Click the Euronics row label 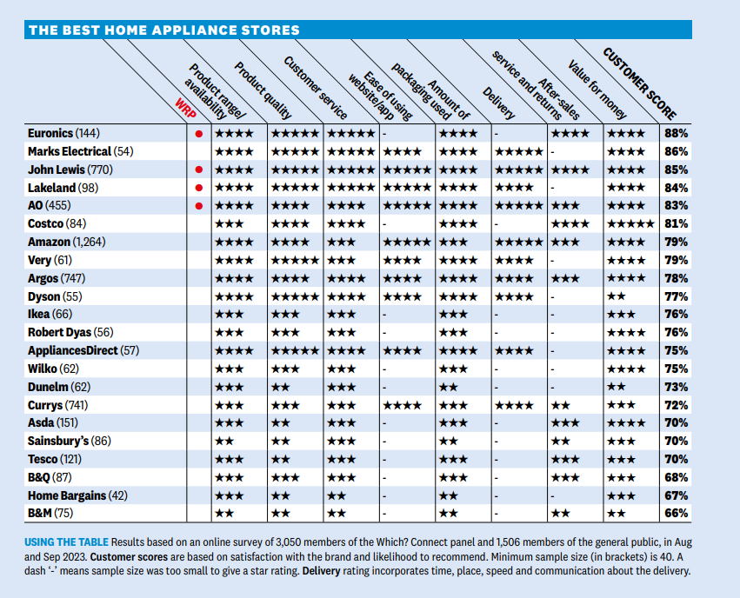63,134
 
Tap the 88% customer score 676,134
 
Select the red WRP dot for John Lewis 198,169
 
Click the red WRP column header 185,109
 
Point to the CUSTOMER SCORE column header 639,84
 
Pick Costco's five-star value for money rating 630,224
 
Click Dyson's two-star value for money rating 616,296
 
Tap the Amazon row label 67,242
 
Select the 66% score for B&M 676,513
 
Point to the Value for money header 597,90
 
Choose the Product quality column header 263,90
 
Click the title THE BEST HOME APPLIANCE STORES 164,30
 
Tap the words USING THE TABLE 67,542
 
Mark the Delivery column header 498,103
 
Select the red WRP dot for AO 198,206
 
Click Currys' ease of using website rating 402,406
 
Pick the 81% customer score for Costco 676,224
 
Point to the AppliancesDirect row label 83,351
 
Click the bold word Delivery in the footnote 321,571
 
